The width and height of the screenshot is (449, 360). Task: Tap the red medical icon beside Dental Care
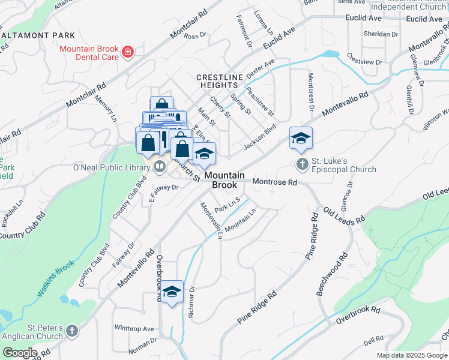[x=127, y=53]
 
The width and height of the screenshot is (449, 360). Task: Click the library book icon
[x=160, y=166]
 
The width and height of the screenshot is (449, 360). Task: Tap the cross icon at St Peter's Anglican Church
[x=72, y=331]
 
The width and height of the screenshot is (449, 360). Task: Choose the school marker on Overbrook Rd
[x=172, y=292]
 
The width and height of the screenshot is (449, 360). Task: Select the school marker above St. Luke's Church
[x=301, y=139]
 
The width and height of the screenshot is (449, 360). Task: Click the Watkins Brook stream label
[x=56, y=278]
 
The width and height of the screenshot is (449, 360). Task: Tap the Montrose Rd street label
[x=275, y=182]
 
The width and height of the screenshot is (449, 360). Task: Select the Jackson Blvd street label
[x=259, y=137]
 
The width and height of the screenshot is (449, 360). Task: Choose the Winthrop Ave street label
[x=134, y=329]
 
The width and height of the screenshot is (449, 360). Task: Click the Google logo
[x=20, y=353]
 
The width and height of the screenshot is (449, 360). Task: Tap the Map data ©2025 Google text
[x=411, y=355]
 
